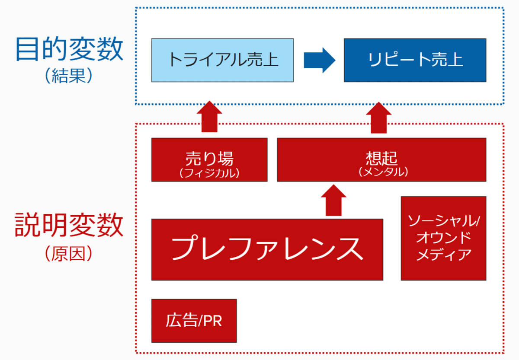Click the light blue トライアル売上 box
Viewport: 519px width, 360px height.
tap(222, 60)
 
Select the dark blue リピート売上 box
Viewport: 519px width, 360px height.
tap(415, 60)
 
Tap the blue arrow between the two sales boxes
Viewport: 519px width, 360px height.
tap(320, 60)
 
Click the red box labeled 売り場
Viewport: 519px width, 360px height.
tap(209, 159)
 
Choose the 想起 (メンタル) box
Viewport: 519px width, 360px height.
tap(381, 159)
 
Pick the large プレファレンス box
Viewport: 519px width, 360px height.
tap(267, 249)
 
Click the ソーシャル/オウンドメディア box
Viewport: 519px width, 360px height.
tap(443, 238)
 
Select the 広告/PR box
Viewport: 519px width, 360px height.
tap(194, 321)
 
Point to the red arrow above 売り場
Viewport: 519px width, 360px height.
tap(209, 116)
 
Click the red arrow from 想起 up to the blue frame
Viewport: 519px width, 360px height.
tap(379, 118)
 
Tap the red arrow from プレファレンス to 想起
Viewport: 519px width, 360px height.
tap(333, 200)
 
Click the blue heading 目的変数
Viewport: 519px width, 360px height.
tap(69, 49)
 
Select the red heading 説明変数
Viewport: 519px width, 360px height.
tap(69, 225)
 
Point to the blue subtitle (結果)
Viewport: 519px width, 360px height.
tap(69, 76)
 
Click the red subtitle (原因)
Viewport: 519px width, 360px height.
tap(69, 253)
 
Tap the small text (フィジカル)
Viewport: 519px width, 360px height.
tap(209, 173)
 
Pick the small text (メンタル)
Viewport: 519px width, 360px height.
tap(384, 172)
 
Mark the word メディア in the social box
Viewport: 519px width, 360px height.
tap(444, 255)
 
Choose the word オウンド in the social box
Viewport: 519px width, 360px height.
tap(444, 238)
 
